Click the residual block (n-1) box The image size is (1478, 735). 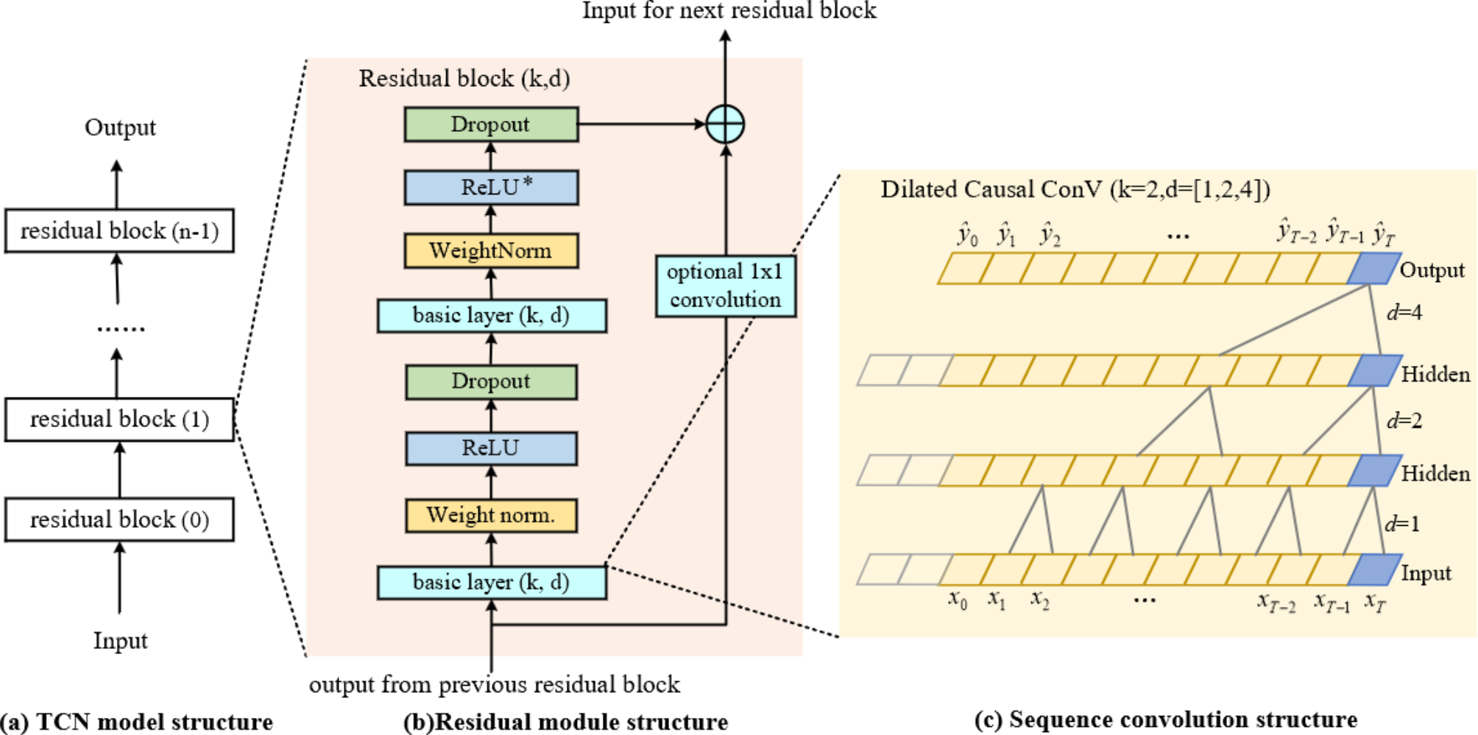119,231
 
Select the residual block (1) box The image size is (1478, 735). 119,420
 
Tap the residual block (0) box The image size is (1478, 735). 119,520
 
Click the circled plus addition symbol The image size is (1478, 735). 725,124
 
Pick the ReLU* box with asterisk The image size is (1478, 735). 491,188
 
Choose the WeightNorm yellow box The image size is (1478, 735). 491,251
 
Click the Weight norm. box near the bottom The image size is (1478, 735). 491,516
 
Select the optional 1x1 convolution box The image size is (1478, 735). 725,286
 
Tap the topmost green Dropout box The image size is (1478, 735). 491,124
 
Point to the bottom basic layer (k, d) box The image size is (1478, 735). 491,583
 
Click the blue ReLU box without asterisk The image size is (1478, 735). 491,449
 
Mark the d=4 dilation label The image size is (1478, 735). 1404,313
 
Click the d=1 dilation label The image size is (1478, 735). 1401,524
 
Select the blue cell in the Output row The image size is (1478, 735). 1373,269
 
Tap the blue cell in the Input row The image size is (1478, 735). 1373,570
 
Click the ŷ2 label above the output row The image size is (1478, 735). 1050,236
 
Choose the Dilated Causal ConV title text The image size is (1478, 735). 1075,190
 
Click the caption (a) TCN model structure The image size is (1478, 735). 137,722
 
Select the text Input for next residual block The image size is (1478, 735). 729,11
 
